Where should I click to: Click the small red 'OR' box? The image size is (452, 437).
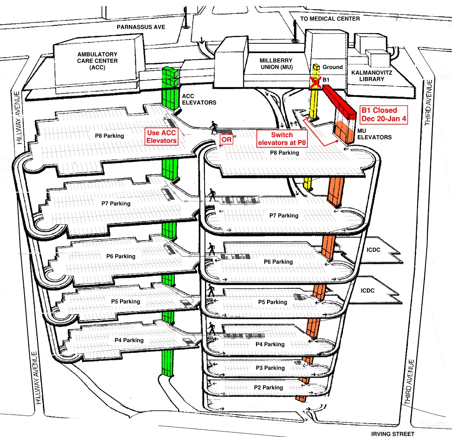point(226,139)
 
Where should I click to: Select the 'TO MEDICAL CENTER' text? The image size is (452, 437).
point(330,19)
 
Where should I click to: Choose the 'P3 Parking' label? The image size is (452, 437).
point(270,368)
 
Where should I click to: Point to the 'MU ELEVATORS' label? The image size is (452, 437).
point(374,134)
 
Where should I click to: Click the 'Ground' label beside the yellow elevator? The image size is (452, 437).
point(333,67)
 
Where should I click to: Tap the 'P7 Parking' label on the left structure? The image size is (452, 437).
point(116,203)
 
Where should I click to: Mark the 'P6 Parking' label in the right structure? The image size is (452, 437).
point(278,262)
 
